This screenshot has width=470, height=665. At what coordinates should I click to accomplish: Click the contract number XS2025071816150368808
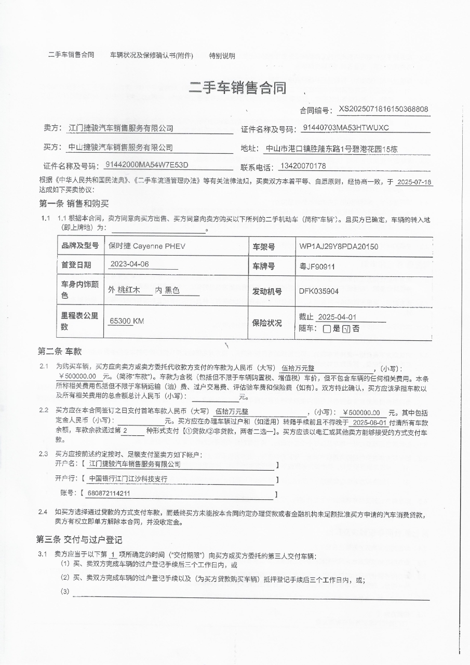click(x=383, y=109)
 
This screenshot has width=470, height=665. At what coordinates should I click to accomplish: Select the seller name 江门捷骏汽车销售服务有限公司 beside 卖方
click(x=121, y=128)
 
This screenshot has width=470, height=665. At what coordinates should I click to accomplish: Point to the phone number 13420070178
click(x=303, y=166)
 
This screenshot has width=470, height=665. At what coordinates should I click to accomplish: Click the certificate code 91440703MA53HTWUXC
click(x=345, y=128)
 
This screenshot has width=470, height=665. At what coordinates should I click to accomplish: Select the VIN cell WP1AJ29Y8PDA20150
click(x=339, y=246)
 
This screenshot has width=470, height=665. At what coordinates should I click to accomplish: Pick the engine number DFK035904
click(x=318, y=291)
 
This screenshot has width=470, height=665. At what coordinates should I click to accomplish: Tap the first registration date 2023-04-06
click(x=129, y=264)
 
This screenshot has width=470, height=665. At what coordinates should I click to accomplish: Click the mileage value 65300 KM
click(x=127, y=321)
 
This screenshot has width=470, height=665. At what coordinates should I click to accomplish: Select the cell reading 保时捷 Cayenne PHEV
click(x=146, y=246)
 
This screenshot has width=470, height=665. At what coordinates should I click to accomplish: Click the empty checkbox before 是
click(x=327, y=329)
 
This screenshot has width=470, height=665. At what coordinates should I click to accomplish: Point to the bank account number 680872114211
click(x=110, y=493)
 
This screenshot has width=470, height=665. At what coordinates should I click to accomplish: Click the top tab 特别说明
click(x=222, y=56)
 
